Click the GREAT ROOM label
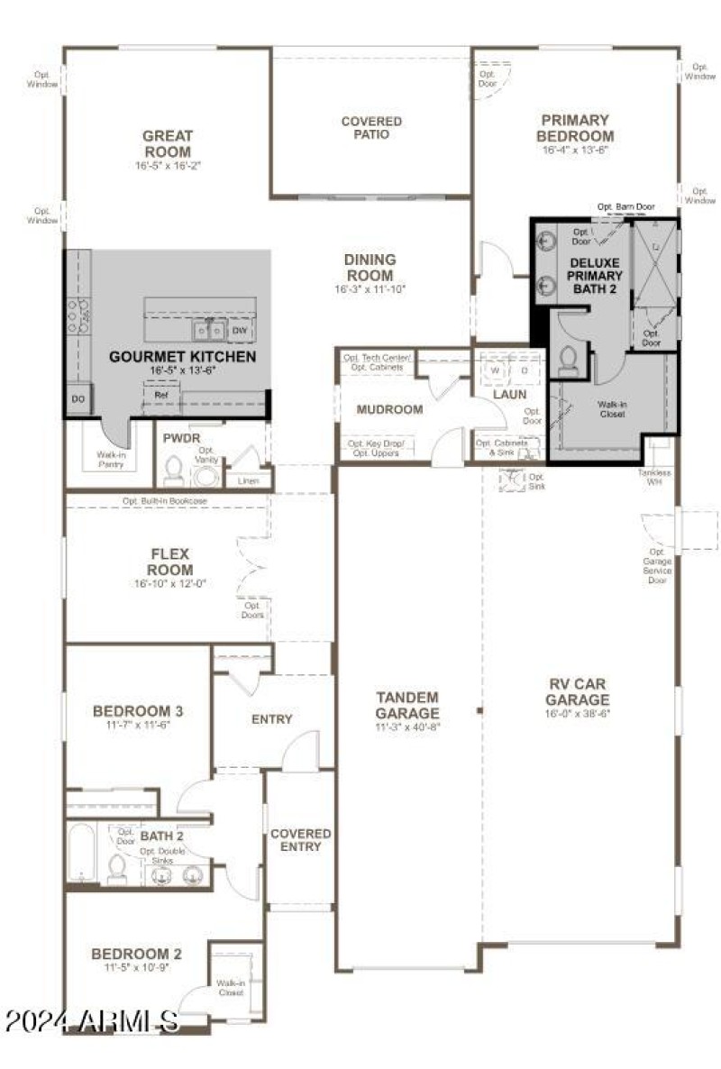[x=168, y=144]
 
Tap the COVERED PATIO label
[x=371, y=127]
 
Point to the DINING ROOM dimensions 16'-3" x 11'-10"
[x=370, y=289]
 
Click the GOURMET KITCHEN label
[x=182, y=357]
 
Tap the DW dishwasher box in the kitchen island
[x=240, y=331]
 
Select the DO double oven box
[x=78, y=398]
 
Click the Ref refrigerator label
[x=161, y=394]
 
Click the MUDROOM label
[x=389, y=409]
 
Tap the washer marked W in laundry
[x=495, y=370]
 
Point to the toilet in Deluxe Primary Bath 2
[x=568, y=361]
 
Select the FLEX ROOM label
[x=170, y=562]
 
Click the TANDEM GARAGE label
[x=407, y=704]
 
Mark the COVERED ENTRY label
[x=300, y=840]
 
